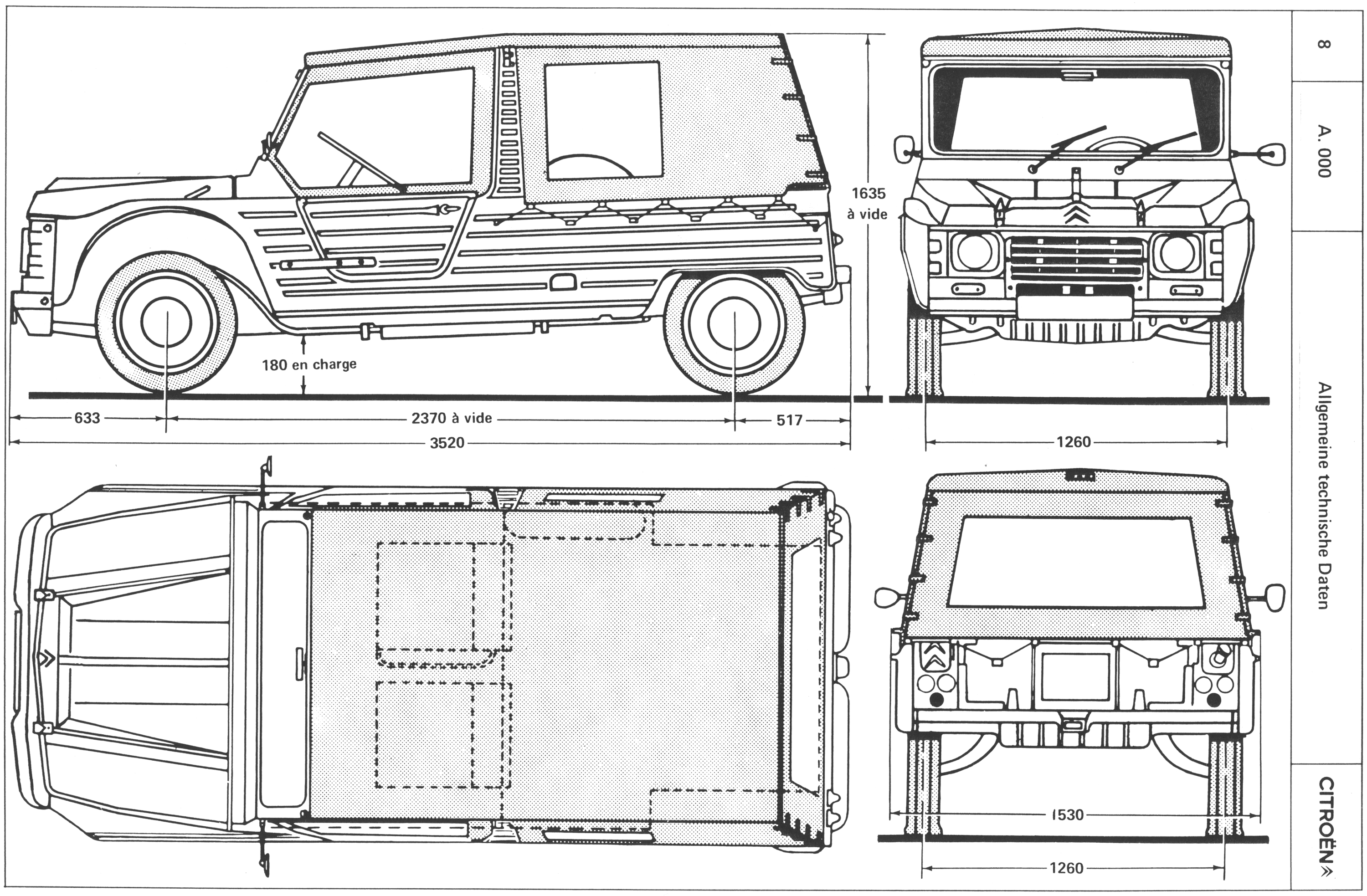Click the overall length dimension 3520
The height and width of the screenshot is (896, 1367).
(x=447, y=442)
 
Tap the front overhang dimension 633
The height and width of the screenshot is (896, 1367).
(x=87, y=418)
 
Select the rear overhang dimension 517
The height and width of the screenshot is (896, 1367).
(x=789, y=420)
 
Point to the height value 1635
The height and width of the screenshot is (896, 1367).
(x=868, y=193)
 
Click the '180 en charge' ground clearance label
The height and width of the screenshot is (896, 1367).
(x=309, y=364)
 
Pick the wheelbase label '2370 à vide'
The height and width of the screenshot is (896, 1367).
(x=452, y=418)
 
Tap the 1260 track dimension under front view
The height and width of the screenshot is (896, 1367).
(x=1073, y=442)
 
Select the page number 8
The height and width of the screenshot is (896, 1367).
(x=1323, y=44)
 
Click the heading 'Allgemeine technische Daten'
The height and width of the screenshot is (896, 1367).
(x=1323, y=495)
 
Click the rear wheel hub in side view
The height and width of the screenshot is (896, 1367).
(x=735, y=322)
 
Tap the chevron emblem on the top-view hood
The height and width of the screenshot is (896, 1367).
(x=46, y=660)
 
